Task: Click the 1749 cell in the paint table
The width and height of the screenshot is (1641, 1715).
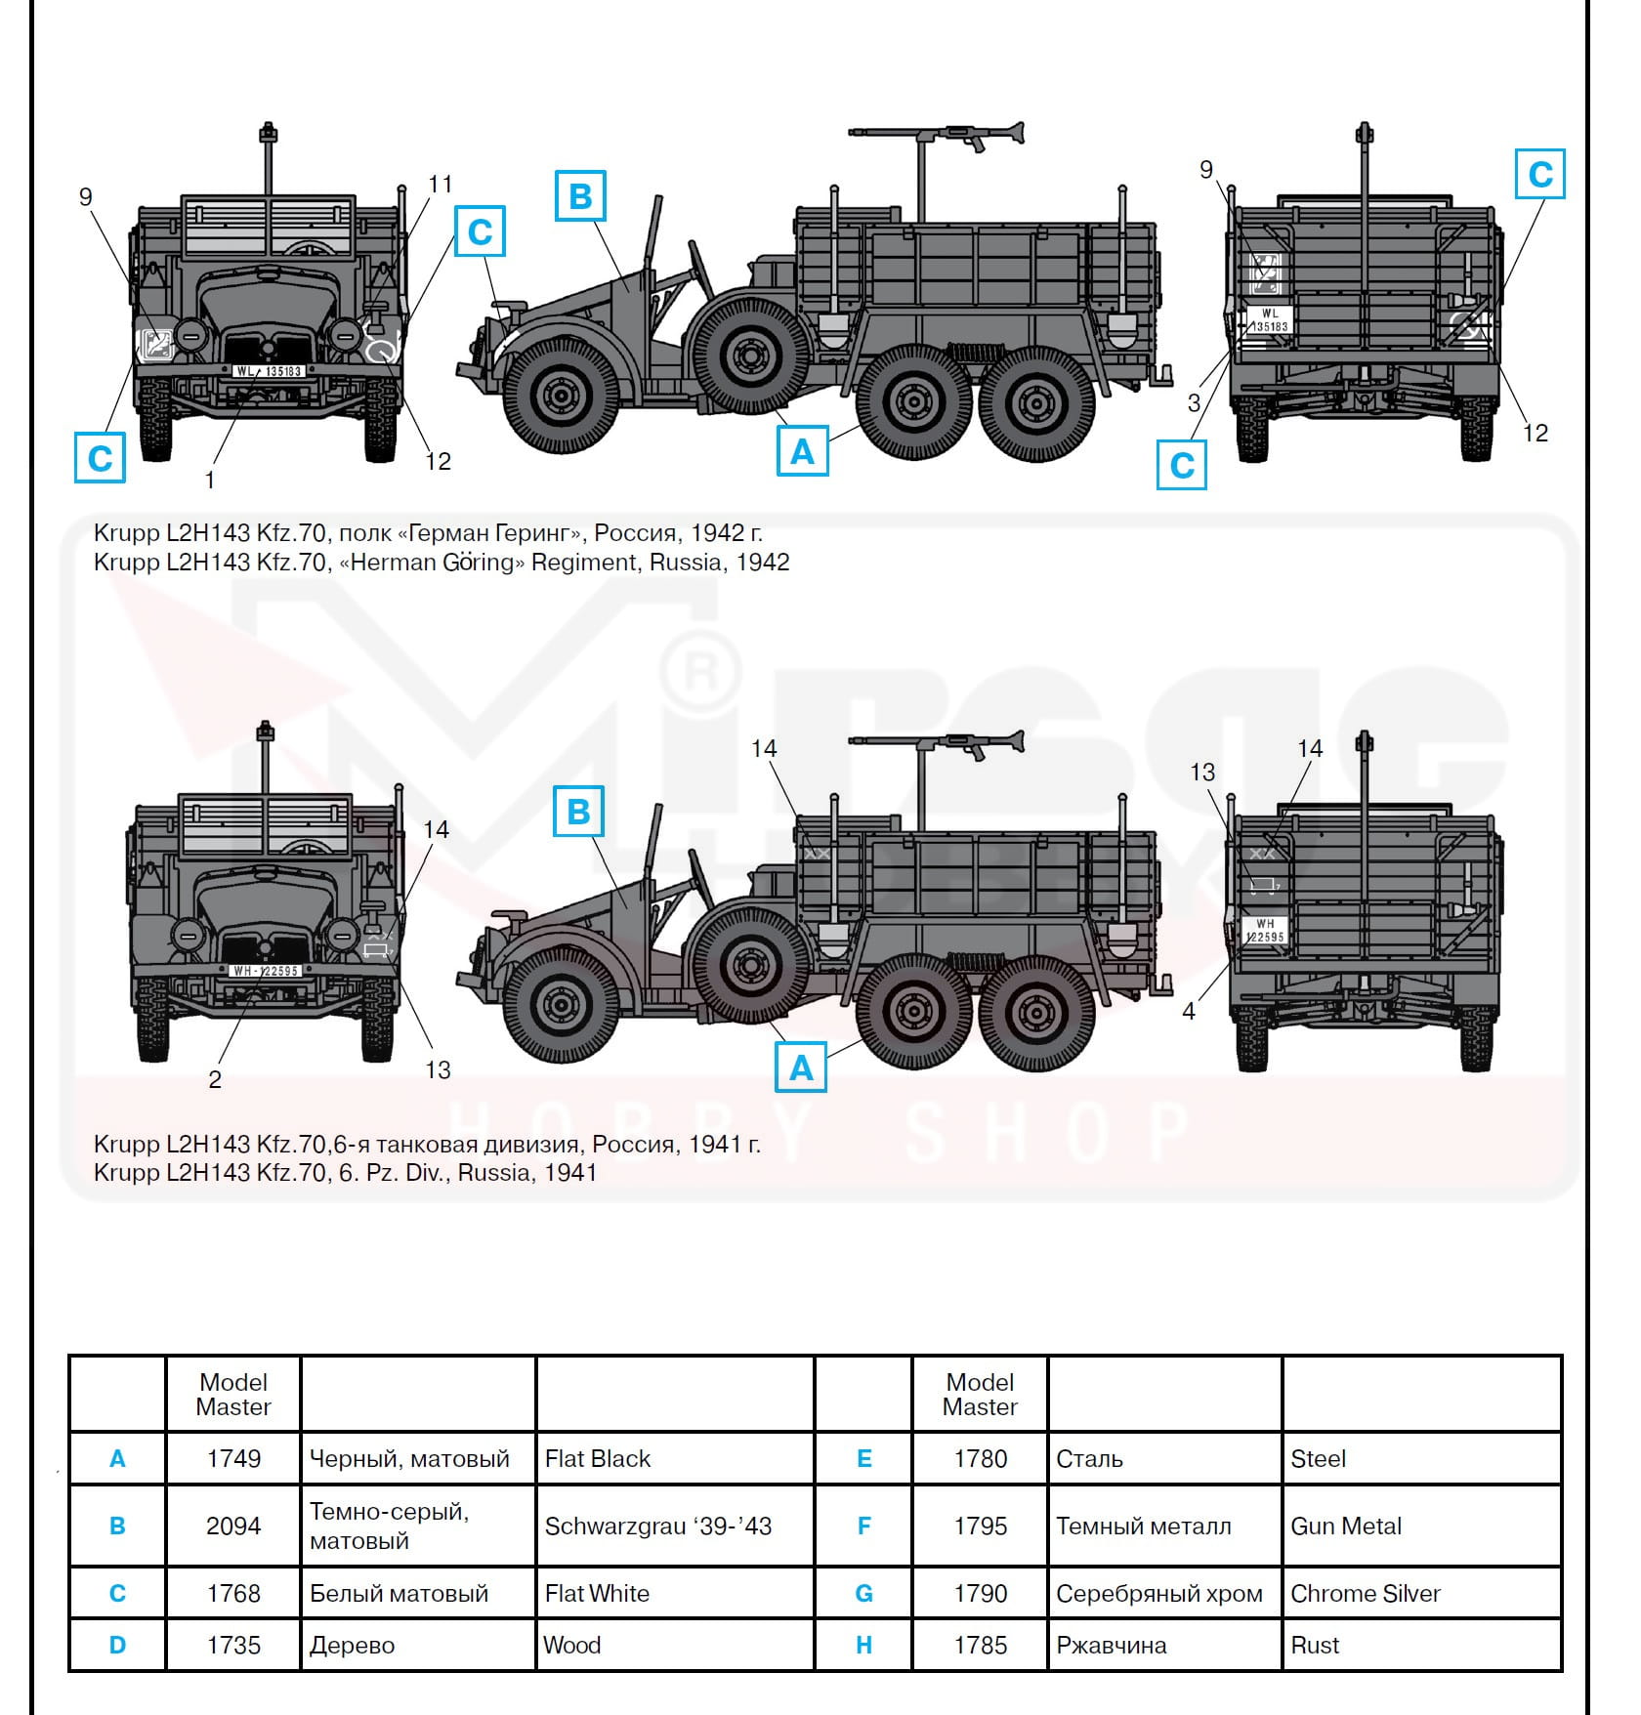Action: coord(233,1458)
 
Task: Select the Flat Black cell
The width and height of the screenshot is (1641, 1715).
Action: coord(597,1458)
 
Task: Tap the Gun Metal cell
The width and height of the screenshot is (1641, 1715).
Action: coord(1345,1526)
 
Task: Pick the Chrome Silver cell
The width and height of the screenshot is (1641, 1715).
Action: coord(1365,1593)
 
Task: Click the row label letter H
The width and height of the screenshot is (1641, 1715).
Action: coord(863,1645)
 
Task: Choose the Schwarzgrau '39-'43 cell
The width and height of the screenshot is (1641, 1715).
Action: coord(657,1526)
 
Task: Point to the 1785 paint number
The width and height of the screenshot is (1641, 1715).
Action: coord(980,1645)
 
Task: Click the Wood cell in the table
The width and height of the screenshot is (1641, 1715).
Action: coord(571,1645)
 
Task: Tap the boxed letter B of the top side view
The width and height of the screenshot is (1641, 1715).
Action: coord(580,196)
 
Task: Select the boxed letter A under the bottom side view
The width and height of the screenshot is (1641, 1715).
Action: coord(801,1067)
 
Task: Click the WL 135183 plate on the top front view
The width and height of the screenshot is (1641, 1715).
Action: coord(269,371)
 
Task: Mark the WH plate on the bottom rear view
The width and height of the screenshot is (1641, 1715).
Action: coord(1265,931)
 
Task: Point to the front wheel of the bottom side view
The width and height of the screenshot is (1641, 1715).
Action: coord(560,1003)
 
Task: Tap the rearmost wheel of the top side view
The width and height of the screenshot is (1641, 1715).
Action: coord(1036,402)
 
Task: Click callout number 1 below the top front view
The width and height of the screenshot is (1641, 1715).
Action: coord(209,480)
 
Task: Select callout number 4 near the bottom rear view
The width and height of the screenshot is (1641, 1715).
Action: coord(1189,1012)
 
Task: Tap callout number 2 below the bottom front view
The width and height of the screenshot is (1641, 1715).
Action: coord(215,1079)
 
